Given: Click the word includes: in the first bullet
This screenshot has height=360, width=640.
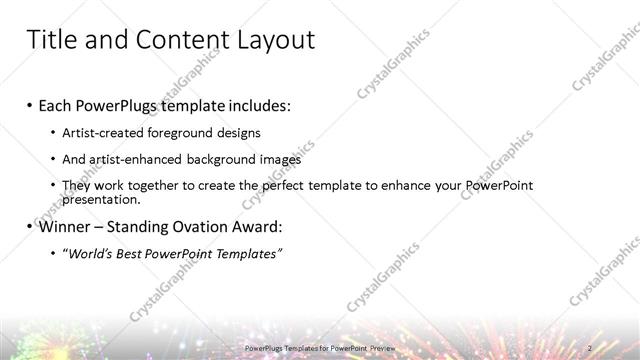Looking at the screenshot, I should click(261, 106).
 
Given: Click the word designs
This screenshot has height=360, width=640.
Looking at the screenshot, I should click(239, 133).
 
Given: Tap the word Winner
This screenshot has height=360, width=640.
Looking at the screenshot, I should click(64, 227).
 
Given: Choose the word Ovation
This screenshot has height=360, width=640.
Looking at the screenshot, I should click(199, 227).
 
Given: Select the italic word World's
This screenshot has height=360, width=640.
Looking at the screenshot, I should click(92, 254).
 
